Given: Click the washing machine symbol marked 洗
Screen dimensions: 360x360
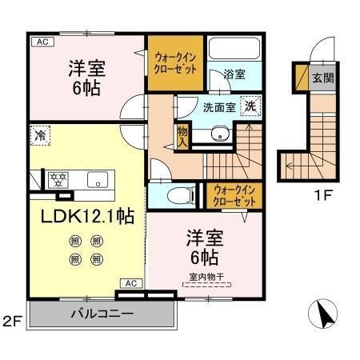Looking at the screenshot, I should tap(250, 105).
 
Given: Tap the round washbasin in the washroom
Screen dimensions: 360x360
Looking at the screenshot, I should tap(217, 134).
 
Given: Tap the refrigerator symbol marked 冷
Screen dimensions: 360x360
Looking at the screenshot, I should tap(39, 136).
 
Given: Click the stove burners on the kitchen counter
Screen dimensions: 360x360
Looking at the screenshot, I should tap(58, 179).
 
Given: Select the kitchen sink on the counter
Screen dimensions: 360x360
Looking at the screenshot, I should tap(97, 179).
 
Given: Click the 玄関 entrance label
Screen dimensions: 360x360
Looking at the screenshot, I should tap(322, 78).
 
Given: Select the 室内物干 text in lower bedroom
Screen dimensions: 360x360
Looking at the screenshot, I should tap(205, 278).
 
